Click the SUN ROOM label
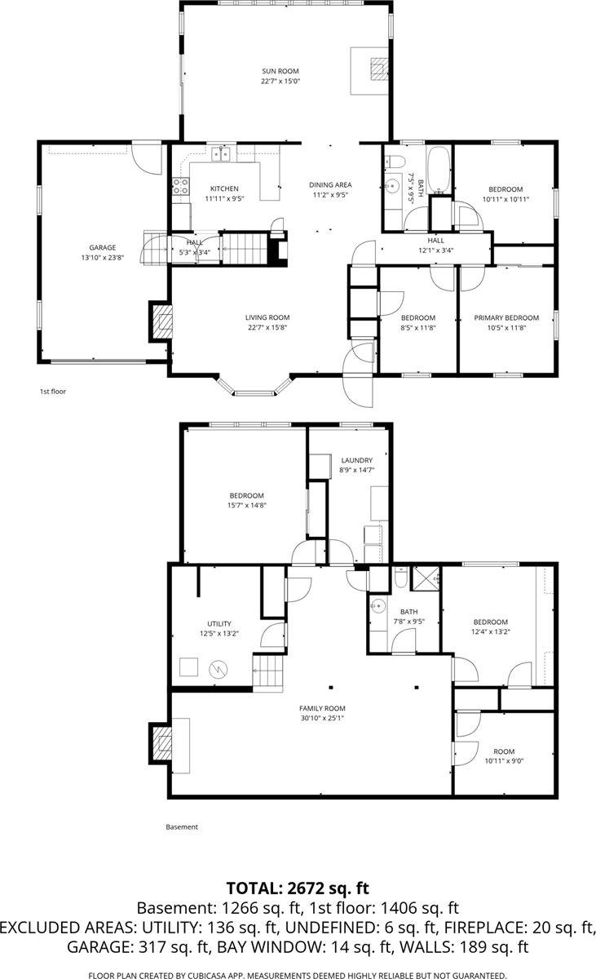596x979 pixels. point(280,71)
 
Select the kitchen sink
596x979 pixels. point(222,154)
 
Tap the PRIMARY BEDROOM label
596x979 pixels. point(506,317)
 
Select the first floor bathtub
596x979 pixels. point(438,171)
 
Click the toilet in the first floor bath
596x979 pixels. point(392,162)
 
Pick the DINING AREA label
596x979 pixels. point(329,185)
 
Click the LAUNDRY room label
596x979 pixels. point(357,460)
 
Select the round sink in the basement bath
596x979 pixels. point(376,606)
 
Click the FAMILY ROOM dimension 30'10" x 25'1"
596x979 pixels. point(323,719)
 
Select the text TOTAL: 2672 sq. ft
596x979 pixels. point(298,888)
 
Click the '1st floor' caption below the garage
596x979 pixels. point(53,392)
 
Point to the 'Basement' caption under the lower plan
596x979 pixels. point(182,826)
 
